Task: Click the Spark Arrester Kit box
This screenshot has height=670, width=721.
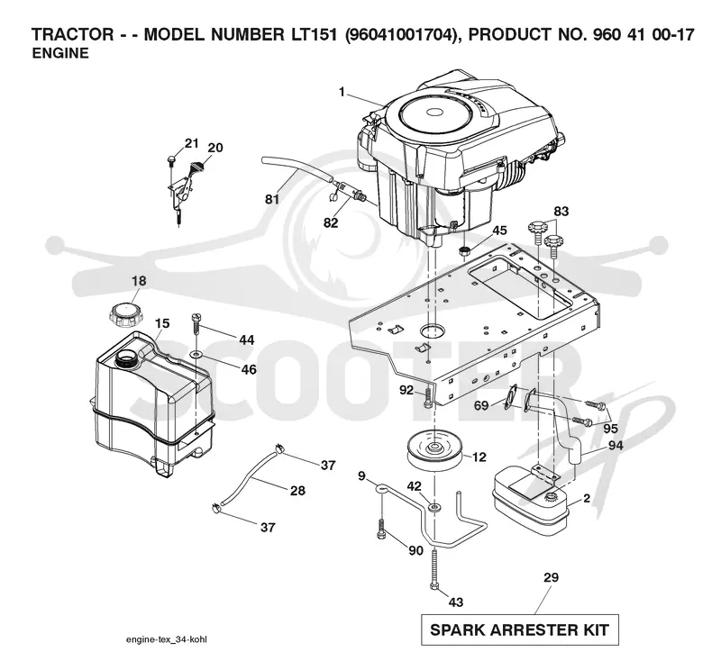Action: (x=520, y=629)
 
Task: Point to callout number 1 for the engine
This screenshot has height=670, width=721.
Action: (x=342, y=93)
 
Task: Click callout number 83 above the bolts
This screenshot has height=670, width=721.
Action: (x=561, y=212)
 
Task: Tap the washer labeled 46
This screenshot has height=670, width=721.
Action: (x=196, y=354)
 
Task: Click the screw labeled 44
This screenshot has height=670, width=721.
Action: (x=196, y=327)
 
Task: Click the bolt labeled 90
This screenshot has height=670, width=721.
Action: (x=381, y=529)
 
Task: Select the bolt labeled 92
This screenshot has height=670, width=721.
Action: (x=427, y=398)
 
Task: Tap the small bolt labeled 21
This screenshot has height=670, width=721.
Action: (x=171, y=160)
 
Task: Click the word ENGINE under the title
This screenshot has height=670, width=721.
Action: (x=60, y=53)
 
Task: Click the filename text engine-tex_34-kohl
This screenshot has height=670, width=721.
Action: (x=167, y=639)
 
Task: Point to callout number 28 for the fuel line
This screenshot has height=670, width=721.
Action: (x=297, y=491)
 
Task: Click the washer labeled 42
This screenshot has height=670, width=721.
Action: (x=434, y=507)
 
